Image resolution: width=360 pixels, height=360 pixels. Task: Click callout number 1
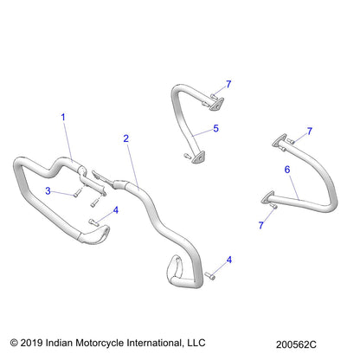61,115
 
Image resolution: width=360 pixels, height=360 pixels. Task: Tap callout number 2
126,138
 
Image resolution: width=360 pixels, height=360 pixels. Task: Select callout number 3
49,190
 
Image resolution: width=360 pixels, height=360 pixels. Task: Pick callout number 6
286,170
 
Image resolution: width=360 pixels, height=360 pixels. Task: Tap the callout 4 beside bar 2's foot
228,259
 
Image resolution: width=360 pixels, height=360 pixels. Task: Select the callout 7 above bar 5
228,84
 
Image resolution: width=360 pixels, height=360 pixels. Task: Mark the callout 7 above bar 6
309,130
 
